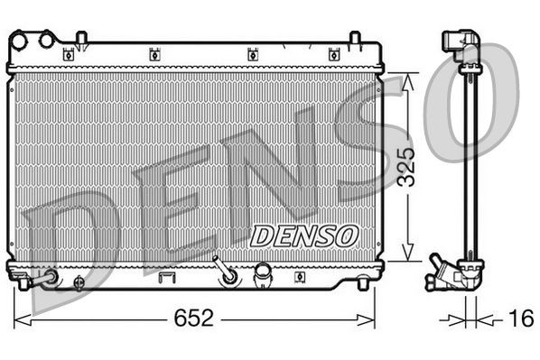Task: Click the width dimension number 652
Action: pos(194,318)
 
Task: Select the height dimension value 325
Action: pos(408,165)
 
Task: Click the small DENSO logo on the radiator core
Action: pos(303,235)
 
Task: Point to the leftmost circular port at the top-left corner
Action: pos(19,39)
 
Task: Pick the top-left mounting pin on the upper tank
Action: pos(81,38)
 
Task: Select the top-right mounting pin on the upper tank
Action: pos(355,38)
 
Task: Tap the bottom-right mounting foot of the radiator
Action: pos(363,283)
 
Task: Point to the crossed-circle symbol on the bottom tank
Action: pos(79,283)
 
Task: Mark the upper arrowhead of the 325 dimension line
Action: pos(408,79)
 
